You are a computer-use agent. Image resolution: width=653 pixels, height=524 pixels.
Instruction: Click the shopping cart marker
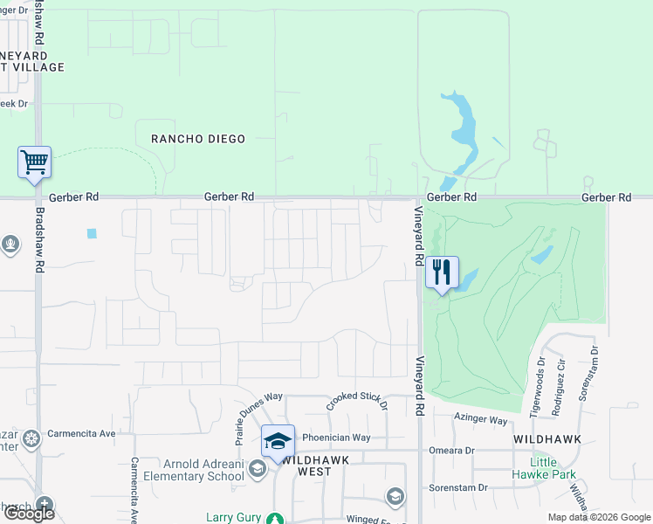click(x=35, y=162)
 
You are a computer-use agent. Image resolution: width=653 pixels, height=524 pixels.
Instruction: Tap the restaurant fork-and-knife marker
click(x=442, y=272)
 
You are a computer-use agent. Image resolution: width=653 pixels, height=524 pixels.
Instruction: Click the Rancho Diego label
click(x=198, y=139)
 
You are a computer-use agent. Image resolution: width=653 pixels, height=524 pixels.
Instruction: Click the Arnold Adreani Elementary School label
click(x=203, y=470)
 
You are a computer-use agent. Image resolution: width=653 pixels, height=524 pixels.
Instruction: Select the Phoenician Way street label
click(x=336, y=438)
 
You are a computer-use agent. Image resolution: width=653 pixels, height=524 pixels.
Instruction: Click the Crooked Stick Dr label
click(x=356, y=401)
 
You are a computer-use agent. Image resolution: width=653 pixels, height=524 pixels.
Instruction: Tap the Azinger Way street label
click(x=480, y=420)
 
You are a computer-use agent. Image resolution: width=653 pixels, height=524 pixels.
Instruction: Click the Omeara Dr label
click(x=451, y=451)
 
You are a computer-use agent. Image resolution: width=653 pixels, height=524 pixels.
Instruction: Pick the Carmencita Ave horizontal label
click(x=83, y=433)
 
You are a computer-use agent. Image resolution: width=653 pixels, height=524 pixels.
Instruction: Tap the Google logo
click(x=29, y=514)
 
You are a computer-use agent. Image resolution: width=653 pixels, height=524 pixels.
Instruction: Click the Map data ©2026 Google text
click(x=598, y=517)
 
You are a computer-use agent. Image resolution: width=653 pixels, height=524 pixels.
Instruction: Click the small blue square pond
click(x=93, y=234)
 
